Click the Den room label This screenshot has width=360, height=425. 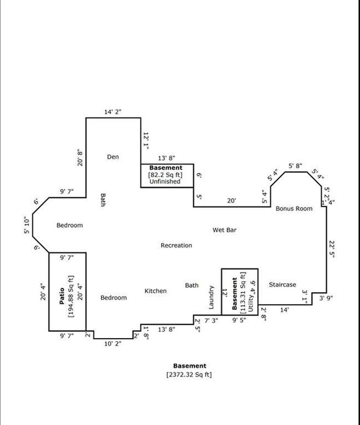pos(113,157)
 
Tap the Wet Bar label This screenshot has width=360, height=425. pos(224,230)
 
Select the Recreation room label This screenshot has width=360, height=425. pos(176,245)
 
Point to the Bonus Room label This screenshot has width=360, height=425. pos(294,209)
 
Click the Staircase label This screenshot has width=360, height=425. pos(282,284)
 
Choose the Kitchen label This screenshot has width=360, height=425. pos(156,291)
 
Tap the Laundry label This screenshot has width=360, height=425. pos(212,297)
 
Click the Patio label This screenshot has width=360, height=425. pos(62,296)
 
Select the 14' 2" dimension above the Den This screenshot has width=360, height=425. pos(113,112)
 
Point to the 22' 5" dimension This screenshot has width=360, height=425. pos(332,249)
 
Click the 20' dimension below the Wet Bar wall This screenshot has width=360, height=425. pos(232,200)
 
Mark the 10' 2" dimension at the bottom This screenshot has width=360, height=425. pos(113,344)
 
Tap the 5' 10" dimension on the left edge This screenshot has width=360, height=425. pos(27,225)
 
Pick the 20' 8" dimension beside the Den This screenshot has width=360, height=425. pos(80,158)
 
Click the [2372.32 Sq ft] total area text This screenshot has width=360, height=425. pos(189,375)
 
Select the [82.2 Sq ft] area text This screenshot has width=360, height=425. pos(165,174)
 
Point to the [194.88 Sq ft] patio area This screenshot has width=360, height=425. pos(71,296)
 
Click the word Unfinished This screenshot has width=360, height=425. pos(165,182)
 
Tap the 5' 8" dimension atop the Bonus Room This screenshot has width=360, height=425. pos(295,165)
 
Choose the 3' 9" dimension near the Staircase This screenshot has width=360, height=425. pos(326,298)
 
